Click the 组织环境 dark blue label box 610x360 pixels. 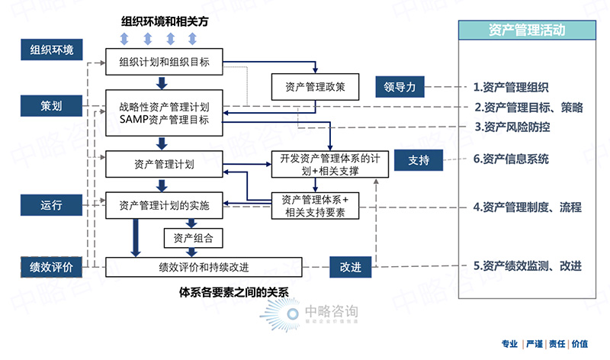tap(52, 50)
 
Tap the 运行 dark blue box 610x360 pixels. tap(52, 204)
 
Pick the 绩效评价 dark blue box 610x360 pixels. tap(52, 267)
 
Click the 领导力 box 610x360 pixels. tap(400, 87)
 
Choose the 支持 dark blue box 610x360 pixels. tap(419, 160)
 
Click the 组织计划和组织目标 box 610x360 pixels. tap(165, 61)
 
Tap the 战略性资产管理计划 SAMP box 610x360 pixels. tap(165, 113)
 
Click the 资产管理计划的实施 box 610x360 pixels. tap(165, 205)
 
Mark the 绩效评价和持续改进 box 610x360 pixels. tap(204, 267)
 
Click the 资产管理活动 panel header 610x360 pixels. tap(527, 31)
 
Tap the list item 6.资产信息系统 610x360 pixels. tap(511, 159)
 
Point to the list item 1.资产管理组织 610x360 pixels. tap(511, 88)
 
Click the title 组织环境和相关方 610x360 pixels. tap(165, 22)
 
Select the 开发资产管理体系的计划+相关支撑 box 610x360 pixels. tap(325, 166)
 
